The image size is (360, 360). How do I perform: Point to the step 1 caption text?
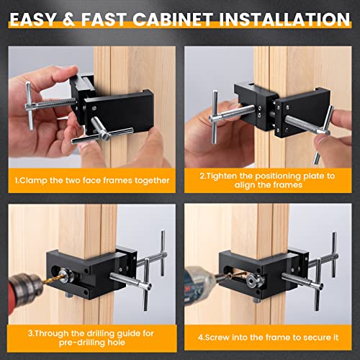pyautogui.click(x=91, y=180)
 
